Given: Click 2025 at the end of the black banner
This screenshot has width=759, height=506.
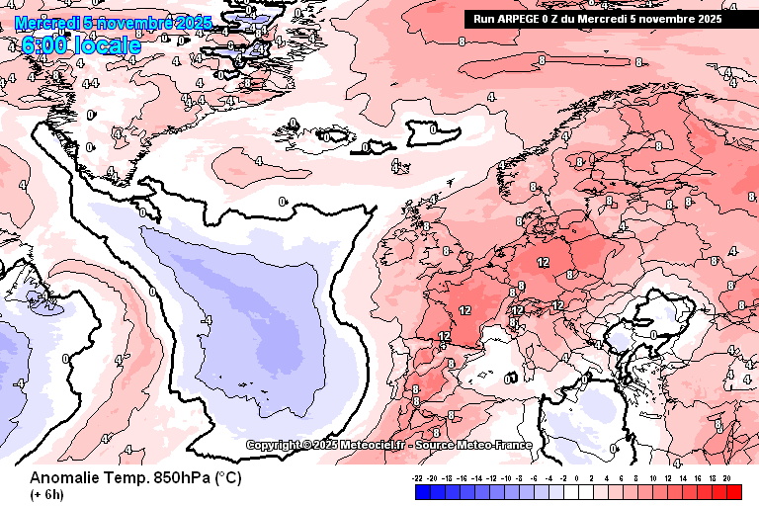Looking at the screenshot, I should point(707,18).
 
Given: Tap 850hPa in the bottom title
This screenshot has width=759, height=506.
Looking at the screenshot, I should point(174,478).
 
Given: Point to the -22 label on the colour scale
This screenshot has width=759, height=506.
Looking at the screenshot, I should point(418,477).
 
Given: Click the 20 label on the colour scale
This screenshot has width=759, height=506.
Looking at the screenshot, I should point(726,477).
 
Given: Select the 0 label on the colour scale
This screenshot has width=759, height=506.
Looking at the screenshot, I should point(576,477).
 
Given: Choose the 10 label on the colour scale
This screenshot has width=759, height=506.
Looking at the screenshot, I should point(653,477).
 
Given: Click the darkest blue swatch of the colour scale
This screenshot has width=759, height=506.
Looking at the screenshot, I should point(423,490).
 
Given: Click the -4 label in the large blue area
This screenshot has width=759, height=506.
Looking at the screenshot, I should point(207,321).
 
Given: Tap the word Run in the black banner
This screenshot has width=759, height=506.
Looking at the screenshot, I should point(484,18).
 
